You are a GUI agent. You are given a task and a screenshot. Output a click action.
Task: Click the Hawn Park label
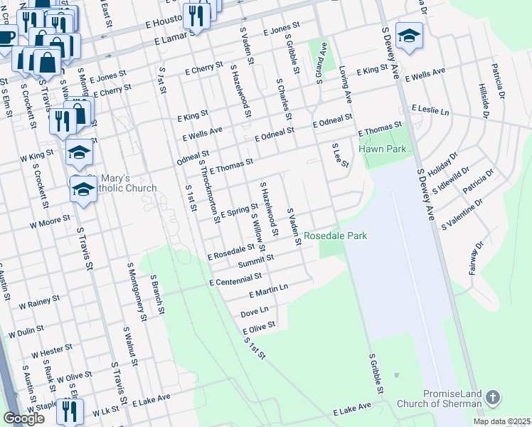tap(382, 149)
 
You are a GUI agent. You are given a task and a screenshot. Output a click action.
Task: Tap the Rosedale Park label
tap(336, 236)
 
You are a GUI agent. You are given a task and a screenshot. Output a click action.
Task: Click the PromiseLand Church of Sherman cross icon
tap(493, 397)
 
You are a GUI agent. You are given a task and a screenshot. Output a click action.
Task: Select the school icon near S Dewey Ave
tap(409, 36)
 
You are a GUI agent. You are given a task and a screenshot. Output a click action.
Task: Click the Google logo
tap(23, 418)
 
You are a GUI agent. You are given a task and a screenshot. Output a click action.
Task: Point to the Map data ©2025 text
tap(501, 421)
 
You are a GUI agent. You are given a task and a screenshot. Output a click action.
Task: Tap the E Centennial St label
tap(235, 279)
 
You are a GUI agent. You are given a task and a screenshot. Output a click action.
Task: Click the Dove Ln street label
tap(254, 311)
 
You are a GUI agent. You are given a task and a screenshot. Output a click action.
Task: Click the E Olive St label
tap(258, 327)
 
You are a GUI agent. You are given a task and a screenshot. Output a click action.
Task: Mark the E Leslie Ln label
tap(430, 110)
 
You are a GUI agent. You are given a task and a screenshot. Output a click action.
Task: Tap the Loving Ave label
tap(346, 84)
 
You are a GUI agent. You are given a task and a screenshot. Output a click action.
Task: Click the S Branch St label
tap(158, 296)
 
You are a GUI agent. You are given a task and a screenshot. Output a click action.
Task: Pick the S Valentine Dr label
tap(462, 213)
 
